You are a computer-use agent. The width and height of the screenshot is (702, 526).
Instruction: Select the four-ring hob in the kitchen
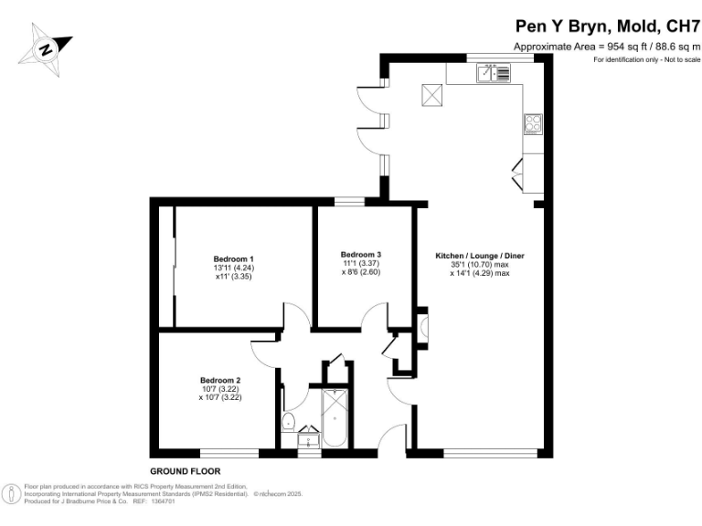(533, 124)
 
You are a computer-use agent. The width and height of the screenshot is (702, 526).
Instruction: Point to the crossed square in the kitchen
(431, 93)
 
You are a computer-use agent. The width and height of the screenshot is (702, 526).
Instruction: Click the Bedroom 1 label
(234, 259)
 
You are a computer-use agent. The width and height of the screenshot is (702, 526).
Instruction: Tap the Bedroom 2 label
(220, 380)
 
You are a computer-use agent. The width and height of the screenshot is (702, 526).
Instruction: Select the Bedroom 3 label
(360, 254)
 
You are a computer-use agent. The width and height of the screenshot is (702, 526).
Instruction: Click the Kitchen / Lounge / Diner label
(479, 257)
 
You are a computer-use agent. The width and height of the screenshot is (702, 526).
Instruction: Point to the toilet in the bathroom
(288, 422)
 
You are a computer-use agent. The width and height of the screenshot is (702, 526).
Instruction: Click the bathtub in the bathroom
(334, 417)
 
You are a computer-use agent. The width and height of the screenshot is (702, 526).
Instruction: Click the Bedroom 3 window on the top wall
(349, 201)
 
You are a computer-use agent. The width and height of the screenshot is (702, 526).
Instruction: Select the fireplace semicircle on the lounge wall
(422, 328)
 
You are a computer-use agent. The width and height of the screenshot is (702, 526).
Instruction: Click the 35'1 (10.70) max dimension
(479, 265)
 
